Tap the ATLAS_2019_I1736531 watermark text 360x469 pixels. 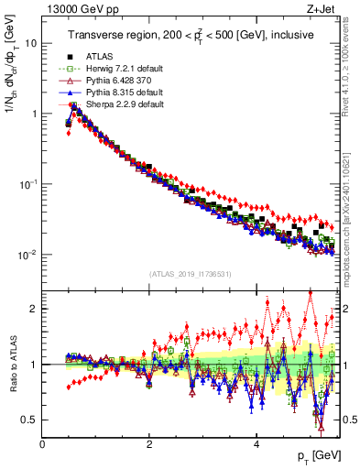(190, 274)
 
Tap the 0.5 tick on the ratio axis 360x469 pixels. (28, 420)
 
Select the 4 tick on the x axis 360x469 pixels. (256, 443)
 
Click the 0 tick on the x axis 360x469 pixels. (43, 443)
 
